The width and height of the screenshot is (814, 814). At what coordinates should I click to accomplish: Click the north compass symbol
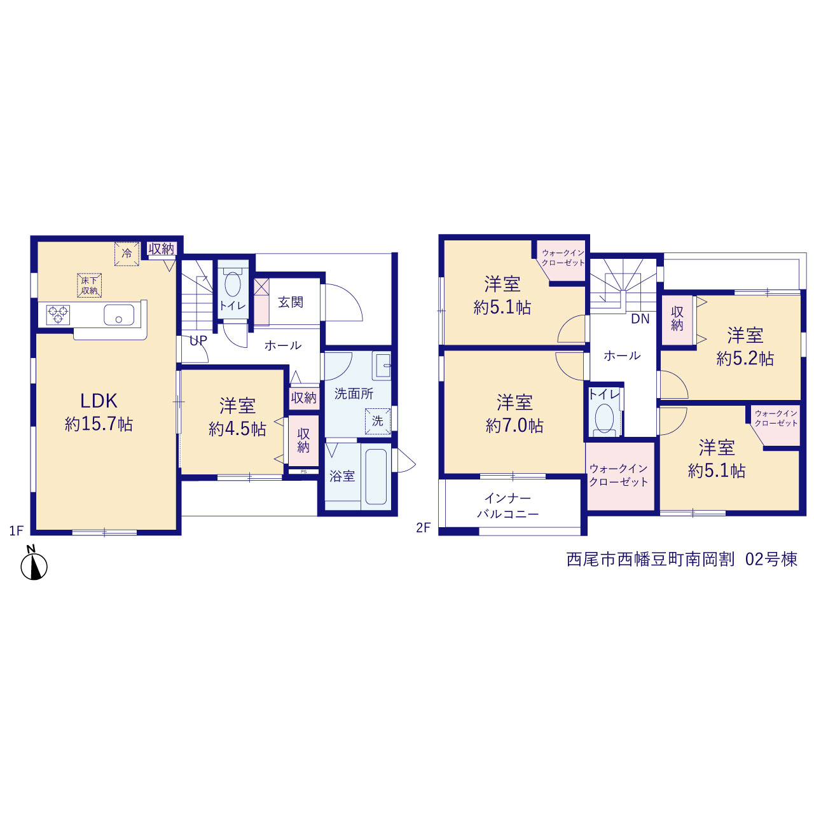(34, 565)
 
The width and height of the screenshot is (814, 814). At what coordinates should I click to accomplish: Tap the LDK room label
(99, 401)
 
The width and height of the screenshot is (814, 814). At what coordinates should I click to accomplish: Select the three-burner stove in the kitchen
(58, 315)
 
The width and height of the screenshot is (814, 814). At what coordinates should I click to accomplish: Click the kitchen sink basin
(119, 315)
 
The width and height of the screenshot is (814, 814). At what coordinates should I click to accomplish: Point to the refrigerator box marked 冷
(127, 254)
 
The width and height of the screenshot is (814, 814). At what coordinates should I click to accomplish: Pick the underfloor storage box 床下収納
(89, 285)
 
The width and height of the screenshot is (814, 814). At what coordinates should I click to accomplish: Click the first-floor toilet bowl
(233, 284)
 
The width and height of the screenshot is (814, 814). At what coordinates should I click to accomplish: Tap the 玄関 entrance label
(291, 302)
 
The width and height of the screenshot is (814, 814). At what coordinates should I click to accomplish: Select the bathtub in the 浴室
(376, 476)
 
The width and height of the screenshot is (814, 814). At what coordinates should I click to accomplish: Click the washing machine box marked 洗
(378, 421)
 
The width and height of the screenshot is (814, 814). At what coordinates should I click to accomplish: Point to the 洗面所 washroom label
(354, 394)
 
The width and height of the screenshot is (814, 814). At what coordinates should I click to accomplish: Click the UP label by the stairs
(198, 340)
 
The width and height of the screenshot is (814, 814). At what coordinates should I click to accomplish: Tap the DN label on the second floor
(640, 319)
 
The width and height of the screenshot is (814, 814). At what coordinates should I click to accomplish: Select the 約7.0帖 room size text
(514, 426)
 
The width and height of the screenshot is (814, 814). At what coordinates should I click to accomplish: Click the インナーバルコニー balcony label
(508, 506)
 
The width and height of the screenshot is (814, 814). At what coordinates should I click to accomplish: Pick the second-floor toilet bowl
(604, 418)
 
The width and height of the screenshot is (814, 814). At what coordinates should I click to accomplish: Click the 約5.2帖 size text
(745, 359)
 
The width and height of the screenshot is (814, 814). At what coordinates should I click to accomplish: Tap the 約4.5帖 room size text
(237, 429)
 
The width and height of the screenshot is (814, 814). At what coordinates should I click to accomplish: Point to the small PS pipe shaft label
(304, 471)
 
